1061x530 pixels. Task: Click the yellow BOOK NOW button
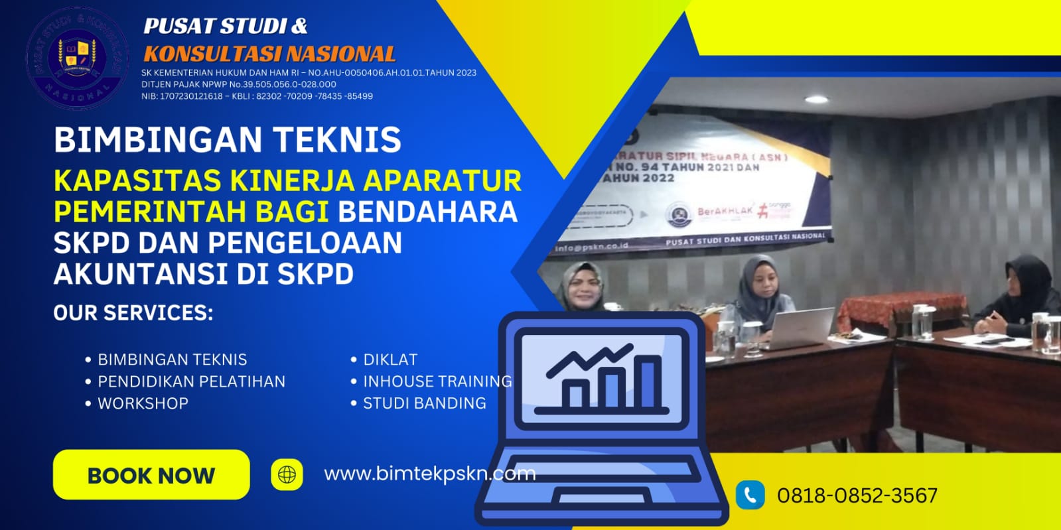[151, 475]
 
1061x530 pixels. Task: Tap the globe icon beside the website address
[287, 475]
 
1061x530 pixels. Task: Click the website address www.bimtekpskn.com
[429, 474]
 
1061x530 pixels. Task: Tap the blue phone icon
[750, 495]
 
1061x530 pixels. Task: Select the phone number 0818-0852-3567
[857, 496]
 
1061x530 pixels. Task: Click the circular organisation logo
[78, 58]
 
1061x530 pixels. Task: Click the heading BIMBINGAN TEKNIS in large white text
[227, 140]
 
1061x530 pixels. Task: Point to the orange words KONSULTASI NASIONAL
[269, 54]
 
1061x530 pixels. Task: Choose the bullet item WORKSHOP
[143, 403]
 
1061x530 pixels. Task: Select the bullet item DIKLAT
[390, 360]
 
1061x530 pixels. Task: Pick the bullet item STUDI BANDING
[424, 403]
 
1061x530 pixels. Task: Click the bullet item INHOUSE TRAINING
[437, 381]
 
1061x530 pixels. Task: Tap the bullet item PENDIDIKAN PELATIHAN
[191, 381]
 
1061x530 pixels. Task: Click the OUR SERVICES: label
[133, 313]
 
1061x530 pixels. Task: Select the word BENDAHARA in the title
[428, 212]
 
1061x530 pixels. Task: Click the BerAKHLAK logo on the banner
[725, 212]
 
